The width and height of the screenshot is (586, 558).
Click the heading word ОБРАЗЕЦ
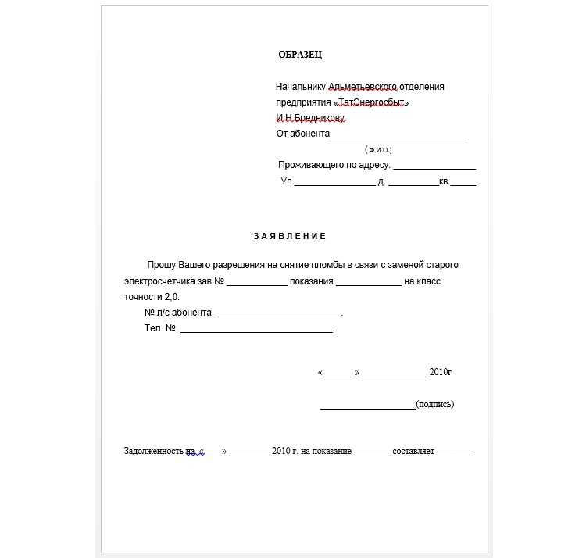(300, 55)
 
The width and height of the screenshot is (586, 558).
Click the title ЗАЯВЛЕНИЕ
(290, 236)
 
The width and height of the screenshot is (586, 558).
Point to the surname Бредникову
(320, 118)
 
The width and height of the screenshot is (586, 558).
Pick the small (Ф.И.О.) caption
(378, 149)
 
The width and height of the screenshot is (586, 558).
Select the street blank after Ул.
(334, 184)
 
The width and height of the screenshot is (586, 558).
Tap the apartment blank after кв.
(463, 184)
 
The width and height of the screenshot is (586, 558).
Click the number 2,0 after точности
(172, 297)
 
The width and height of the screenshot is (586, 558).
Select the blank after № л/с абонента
(277, 314)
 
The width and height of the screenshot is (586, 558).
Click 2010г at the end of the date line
(441, 372)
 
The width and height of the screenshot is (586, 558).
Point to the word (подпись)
(435, 404)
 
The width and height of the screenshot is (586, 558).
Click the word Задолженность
(155, 452)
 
